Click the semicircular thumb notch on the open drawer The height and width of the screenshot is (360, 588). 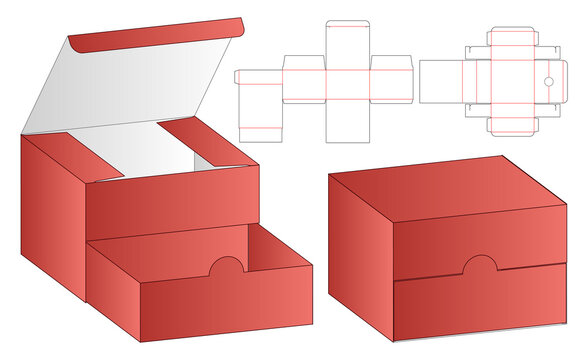[227, 267]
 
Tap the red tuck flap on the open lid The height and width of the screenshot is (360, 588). [155, 38]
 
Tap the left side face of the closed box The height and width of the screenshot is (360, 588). [361, 235]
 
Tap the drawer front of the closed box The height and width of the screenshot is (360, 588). [480, 305]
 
